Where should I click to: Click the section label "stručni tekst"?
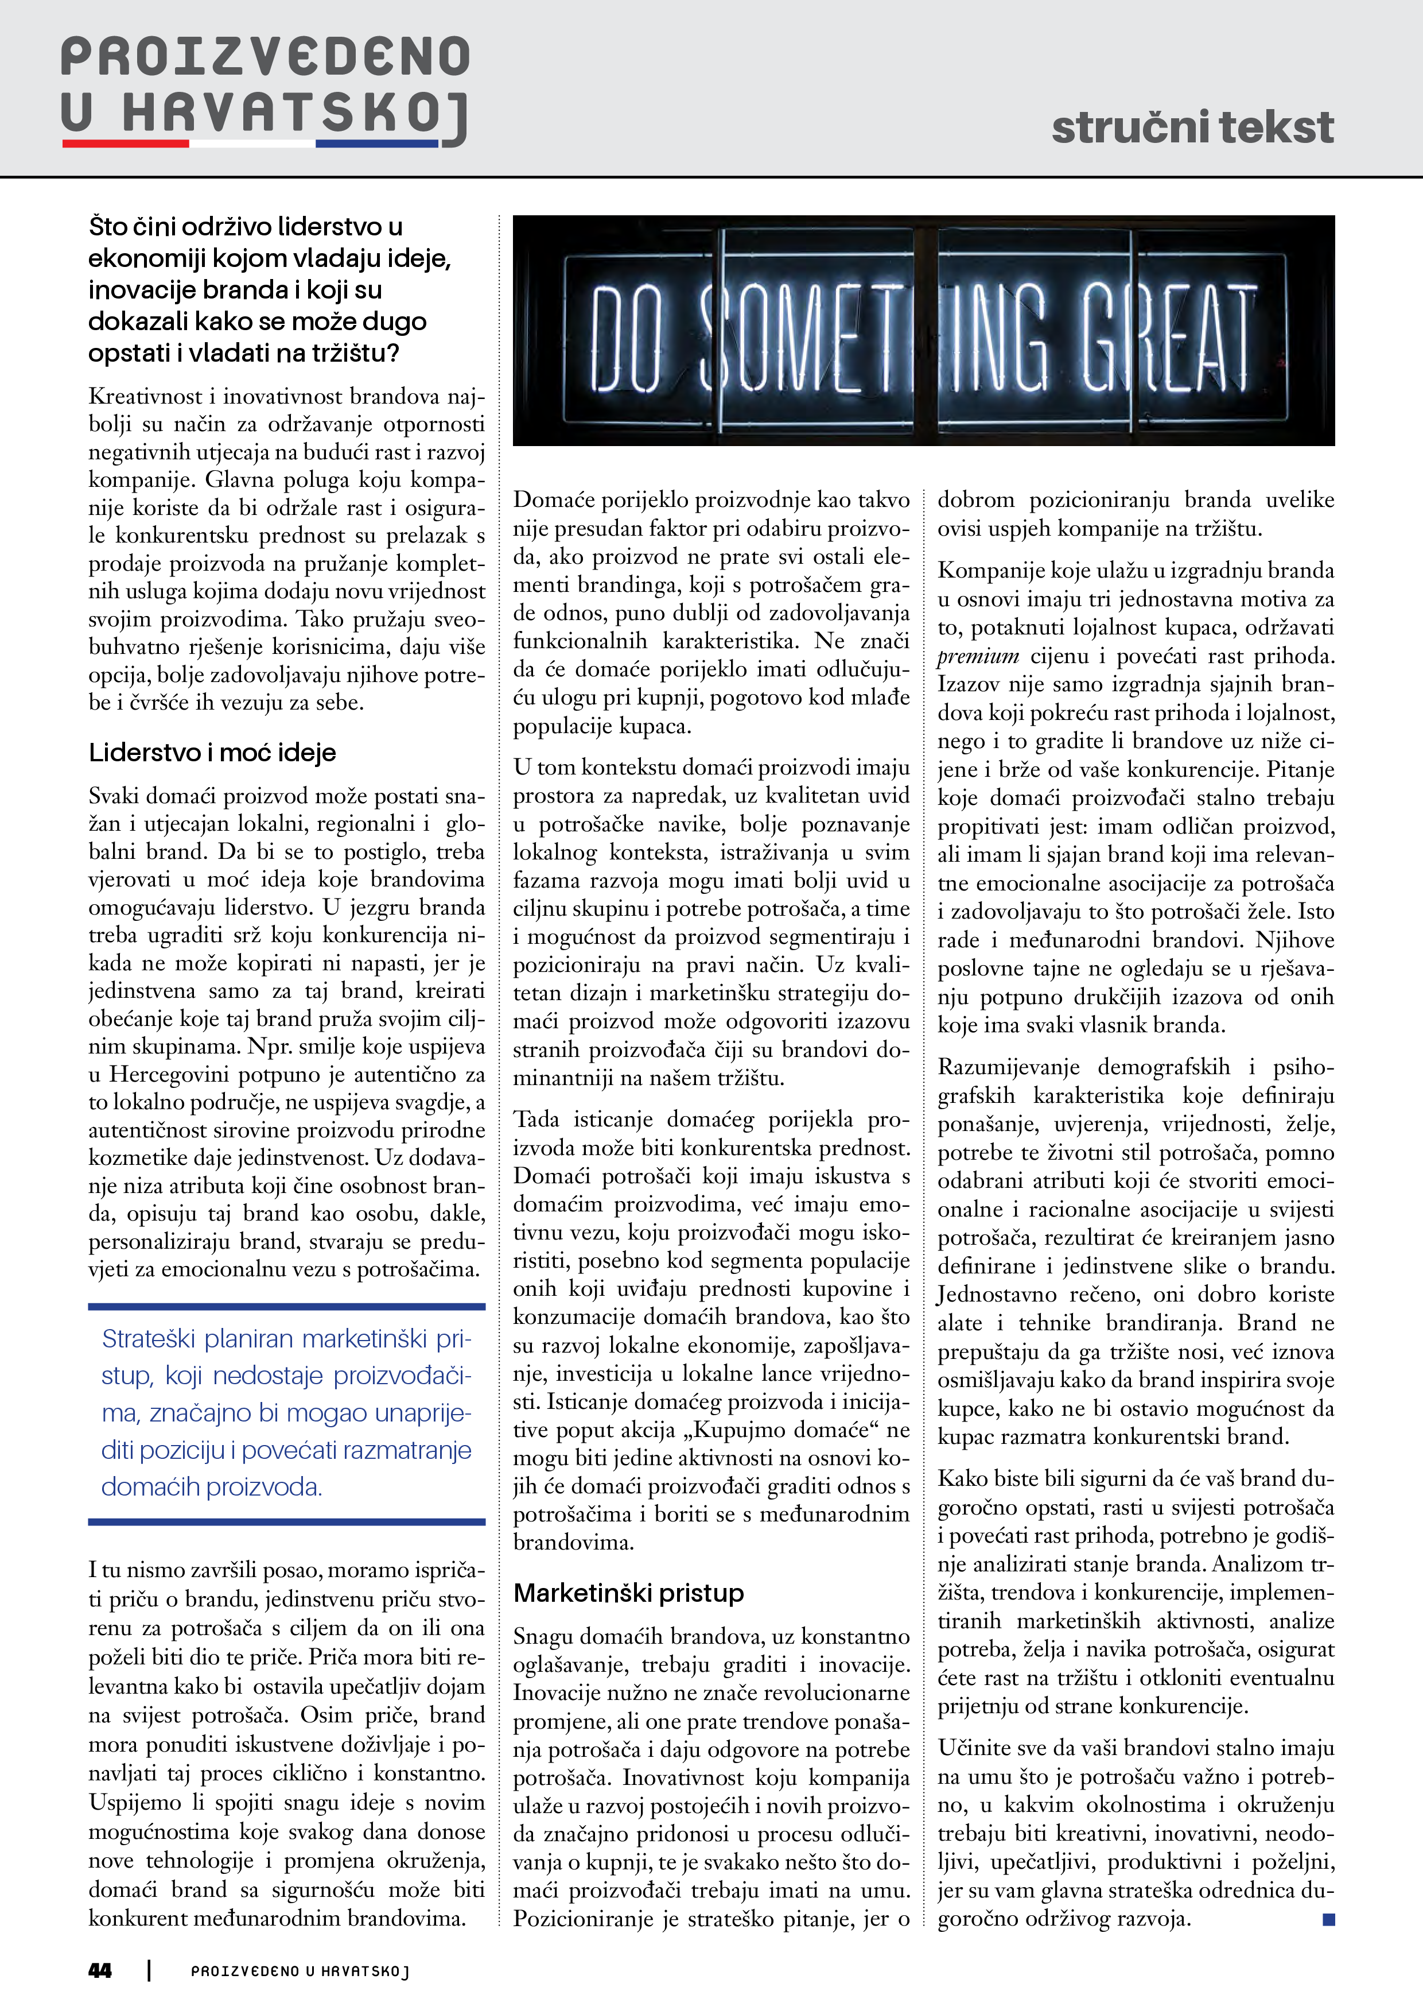click(x=1192, y=128)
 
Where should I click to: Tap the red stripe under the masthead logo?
click(x=126, y=143)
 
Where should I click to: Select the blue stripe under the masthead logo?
click(x=376, y=143)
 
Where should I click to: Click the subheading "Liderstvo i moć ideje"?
click(x=212, y=753)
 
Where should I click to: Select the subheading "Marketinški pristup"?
click(x=629, y=1592)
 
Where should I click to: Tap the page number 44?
click(x=100, y=1970)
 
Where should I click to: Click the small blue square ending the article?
click(x=1328, y=1919)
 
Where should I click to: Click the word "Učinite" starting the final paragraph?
click(x=973, y=1748)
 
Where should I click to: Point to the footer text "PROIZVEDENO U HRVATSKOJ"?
click(x=300, y=1971)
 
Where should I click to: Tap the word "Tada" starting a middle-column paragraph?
click(x=536, y=1120)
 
